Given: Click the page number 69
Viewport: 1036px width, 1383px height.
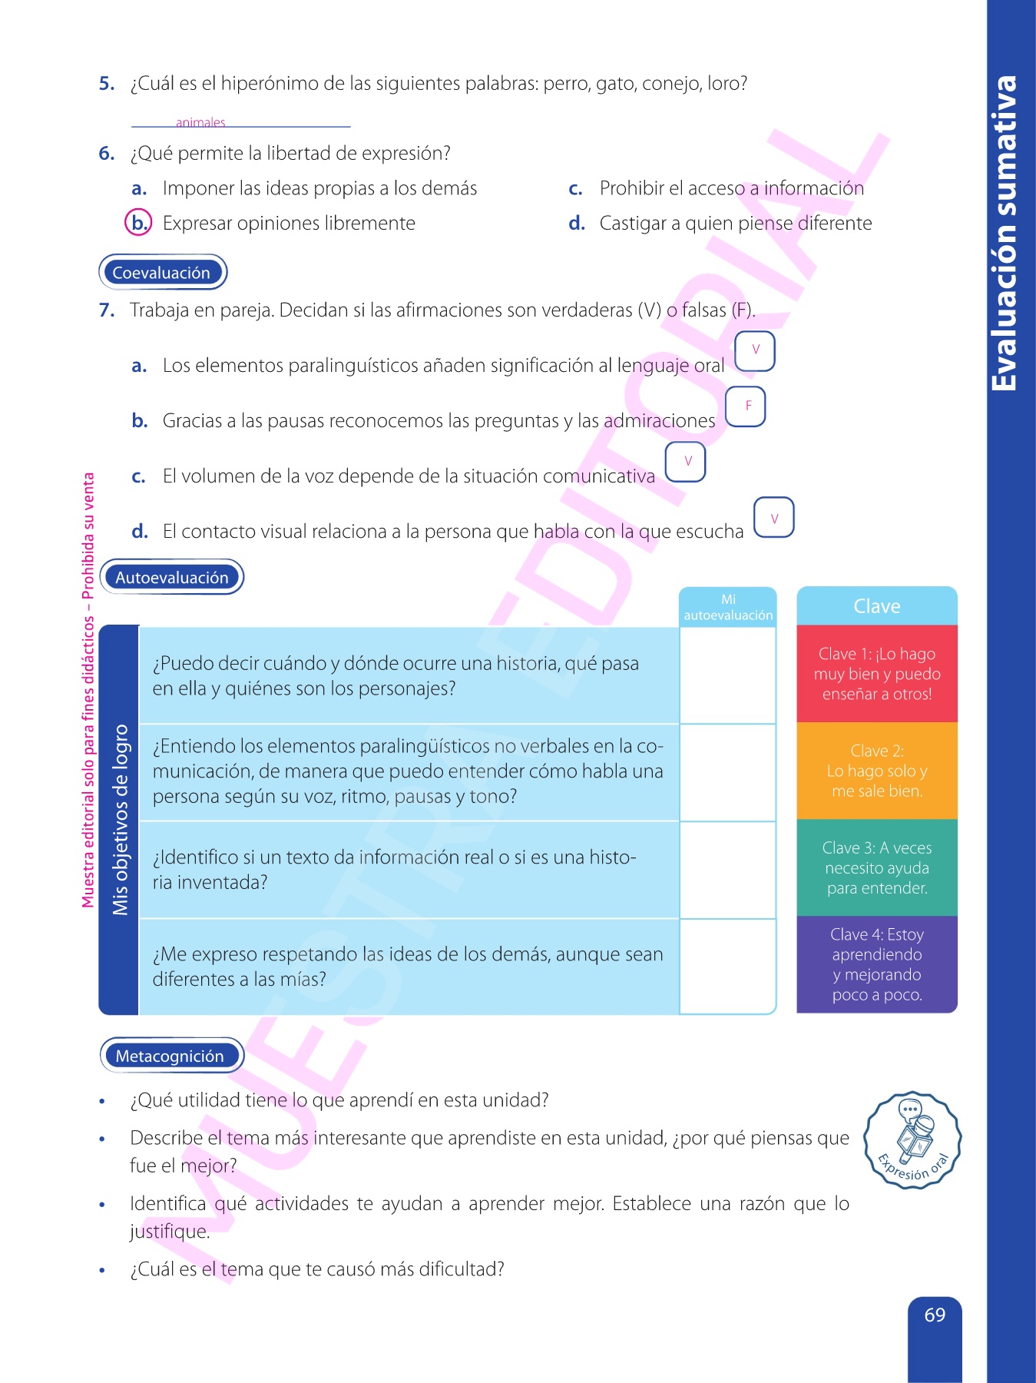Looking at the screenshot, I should point(935,1315).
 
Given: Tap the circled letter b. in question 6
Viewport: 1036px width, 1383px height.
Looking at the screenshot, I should point(138,223).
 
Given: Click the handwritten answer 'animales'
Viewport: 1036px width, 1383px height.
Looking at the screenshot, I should point(200,122).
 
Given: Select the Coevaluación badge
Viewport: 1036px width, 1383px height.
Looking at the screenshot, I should point(162,272).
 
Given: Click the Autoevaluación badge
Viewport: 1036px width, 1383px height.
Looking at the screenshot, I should point(172,577).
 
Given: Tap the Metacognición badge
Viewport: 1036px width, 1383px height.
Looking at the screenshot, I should point(170,1056).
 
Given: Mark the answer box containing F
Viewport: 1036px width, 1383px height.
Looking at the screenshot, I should point(746,406).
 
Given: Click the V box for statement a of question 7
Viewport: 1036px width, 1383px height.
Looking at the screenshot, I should point(755,350).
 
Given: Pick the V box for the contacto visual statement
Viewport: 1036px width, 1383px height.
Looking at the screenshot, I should point(773,518).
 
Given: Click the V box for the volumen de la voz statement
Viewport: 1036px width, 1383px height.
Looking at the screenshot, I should point(686,462).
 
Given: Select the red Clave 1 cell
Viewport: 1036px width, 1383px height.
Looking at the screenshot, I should point(876,674).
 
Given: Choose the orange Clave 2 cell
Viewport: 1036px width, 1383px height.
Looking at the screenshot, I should point(876,771).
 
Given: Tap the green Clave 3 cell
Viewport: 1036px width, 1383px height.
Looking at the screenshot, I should point(876,867).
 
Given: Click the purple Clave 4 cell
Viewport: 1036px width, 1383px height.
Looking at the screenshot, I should point(876,964).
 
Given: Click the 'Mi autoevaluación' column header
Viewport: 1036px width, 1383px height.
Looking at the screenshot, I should point(728,608).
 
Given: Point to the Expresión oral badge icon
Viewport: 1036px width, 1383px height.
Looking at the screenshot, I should point(912,1140).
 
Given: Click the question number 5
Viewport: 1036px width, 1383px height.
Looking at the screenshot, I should point(107,84).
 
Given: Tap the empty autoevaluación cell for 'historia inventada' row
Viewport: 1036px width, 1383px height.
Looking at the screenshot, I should point(727,870).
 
